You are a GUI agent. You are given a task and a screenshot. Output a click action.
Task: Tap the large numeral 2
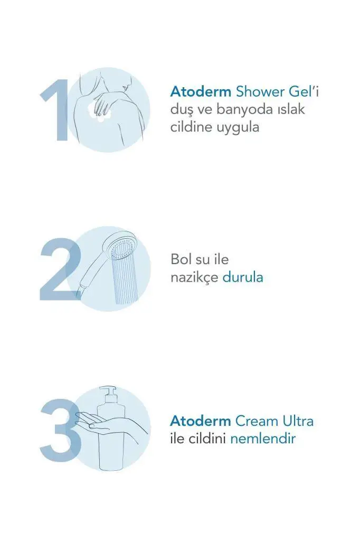[60, 269]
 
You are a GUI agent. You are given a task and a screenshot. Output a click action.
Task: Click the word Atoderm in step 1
[201, 92]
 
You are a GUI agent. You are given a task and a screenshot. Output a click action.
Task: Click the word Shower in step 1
[260, 92]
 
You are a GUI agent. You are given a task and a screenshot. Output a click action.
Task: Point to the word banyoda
[244, 109]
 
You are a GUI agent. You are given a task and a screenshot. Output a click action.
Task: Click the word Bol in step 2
[181, 259]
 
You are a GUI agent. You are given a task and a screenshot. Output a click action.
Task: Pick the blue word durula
[243, 277]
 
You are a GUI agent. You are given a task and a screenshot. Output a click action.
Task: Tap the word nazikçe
[194, 277]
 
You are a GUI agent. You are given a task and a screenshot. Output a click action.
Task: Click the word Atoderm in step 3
[201, 421]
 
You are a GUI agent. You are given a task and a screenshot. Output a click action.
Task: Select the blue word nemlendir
[263, 439]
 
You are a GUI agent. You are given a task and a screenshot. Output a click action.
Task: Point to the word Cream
[257, 421]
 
